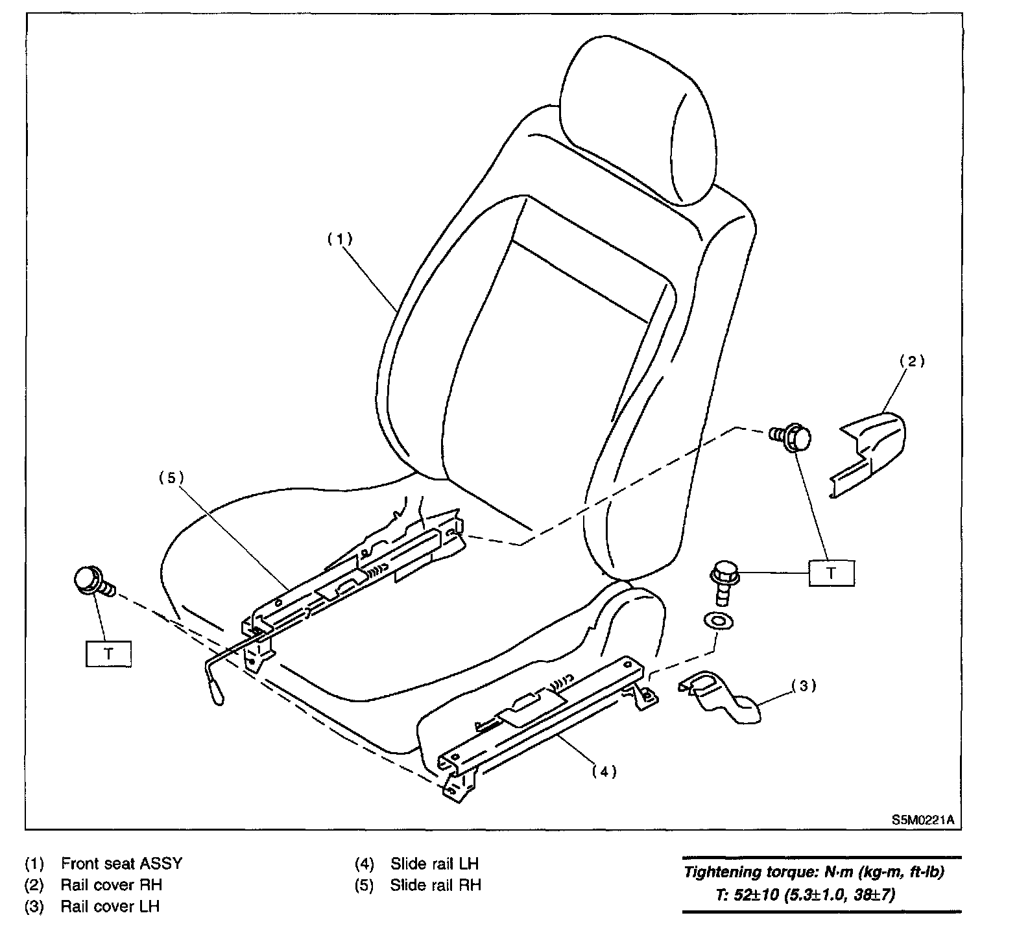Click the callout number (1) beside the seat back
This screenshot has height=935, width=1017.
click(x=339, y=239)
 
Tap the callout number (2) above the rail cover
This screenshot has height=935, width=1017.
click(x=911, y=361)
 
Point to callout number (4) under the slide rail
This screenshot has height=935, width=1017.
click(x=604, y=771)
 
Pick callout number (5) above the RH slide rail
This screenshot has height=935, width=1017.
click(x=171, y=478)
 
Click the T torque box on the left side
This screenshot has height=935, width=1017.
click(x=108, y=654)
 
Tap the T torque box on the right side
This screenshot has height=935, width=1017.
click(x=831, y=573)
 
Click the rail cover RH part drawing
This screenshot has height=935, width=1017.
click(x=869, y=447)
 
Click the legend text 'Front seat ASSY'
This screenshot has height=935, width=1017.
click(x=121, y=864)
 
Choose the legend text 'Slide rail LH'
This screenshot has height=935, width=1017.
click(x=434, y=864)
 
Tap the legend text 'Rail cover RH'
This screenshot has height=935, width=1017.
click(x=111, y=884)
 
